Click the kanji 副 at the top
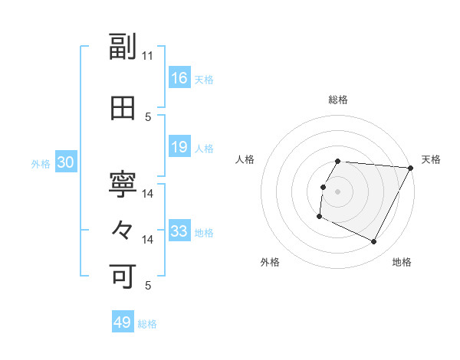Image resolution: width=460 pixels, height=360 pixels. [x=123, y=47]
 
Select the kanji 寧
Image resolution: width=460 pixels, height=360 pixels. [x=123, y=183]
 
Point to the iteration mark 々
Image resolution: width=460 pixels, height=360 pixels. [x=123, y=230]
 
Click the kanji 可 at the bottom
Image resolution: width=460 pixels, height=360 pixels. [x=123, y=275]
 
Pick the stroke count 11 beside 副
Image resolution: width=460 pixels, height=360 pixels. [x=148, y=56]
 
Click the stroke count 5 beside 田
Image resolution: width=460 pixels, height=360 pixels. [x=148, y=117]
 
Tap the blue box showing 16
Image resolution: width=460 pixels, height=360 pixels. [x=179, y=78]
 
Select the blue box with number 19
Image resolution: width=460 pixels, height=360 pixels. [x=179, y=147]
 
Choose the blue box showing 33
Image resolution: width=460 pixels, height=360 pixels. [x=179, y=231]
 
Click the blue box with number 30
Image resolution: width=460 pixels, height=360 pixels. [x=66, y=162]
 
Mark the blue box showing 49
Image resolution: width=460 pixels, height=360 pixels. [x=123, y=322]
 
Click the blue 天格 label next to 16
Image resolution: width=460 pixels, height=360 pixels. [x=204, y=80]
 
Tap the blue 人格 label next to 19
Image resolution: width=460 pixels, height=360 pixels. [x=204, y=149]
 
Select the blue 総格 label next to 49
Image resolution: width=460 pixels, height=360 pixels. [x=147, y=324]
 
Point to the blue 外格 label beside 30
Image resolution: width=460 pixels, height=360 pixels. [x=41, y=164]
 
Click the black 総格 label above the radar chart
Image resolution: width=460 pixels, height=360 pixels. [x=338, y=100]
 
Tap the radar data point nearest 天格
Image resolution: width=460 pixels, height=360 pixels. [x=411, y=169]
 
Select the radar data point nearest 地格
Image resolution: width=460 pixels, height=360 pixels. [x=374, y=242]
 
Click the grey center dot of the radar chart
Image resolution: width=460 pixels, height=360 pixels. [x=337, y=191]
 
